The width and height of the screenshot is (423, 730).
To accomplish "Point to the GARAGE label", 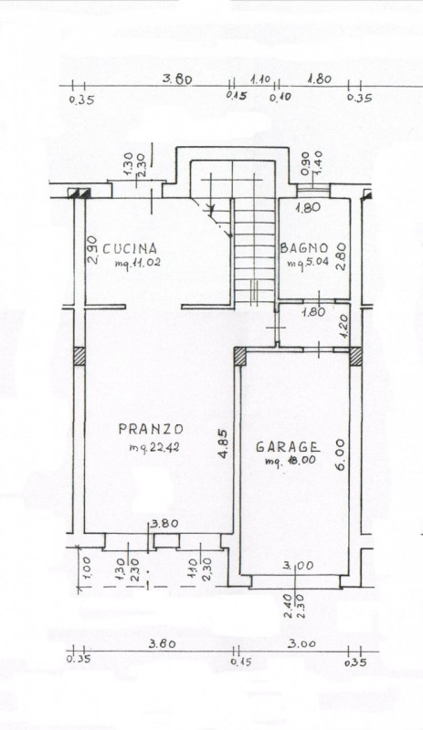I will (x=287, y=447).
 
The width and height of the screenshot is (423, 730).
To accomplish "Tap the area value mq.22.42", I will (x=153, y=447).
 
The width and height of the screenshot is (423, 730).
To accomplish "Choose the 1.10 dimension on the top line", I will (x=262, y=79).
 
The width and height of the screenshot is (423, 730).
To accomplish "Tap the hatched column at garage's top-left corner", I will (x=240, y=357).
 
